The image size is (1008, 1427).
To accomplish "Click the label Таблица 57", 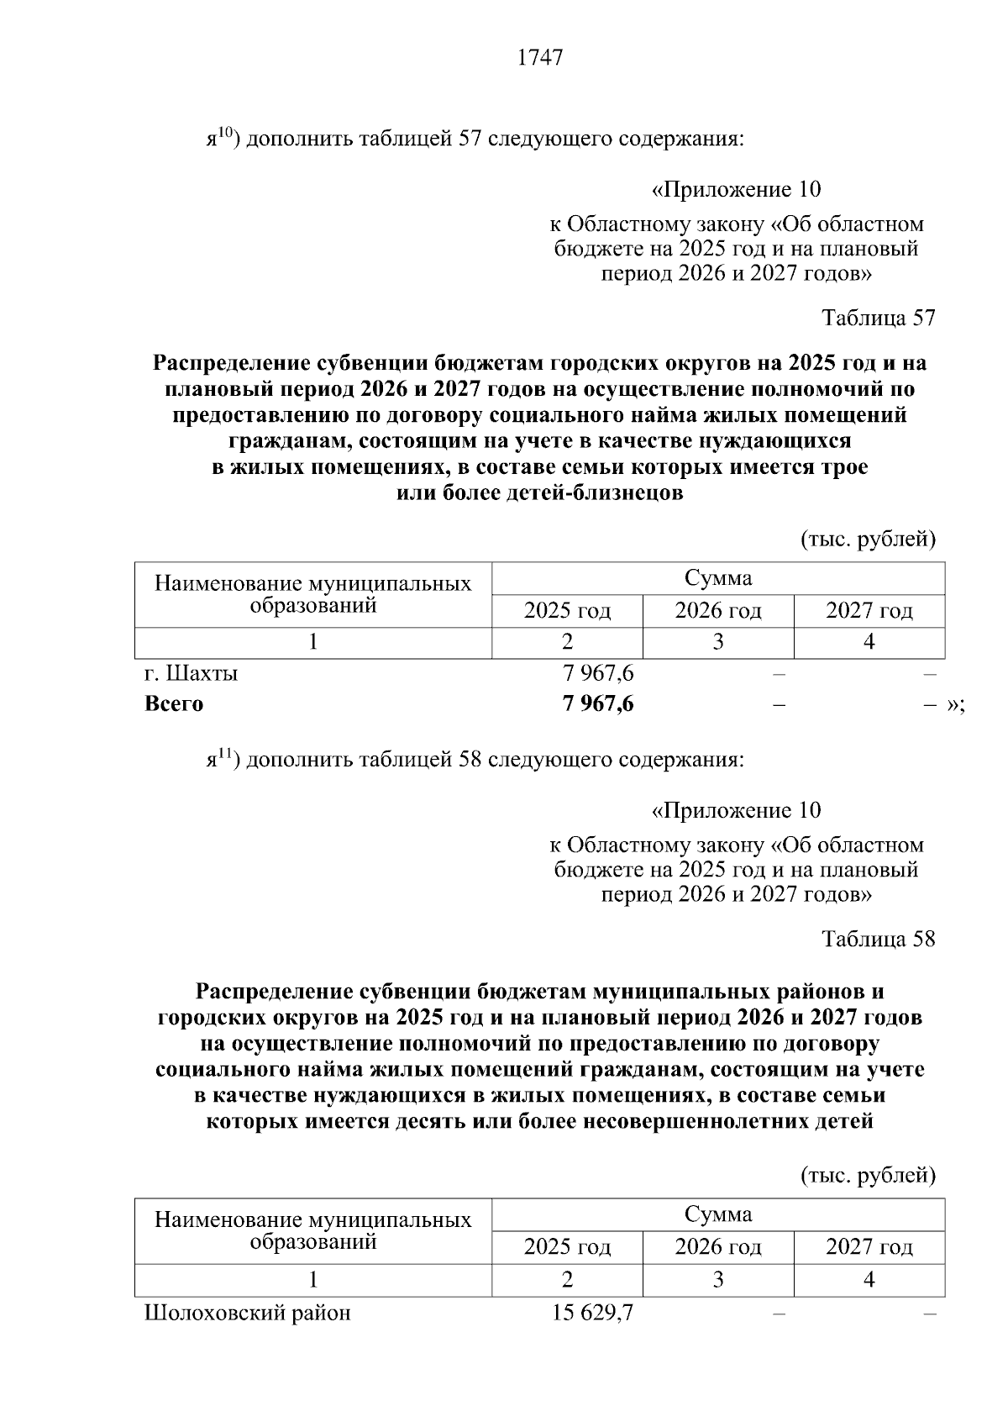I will (878, 318).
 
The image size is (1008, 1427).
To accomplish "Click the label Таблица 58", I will (878, 939).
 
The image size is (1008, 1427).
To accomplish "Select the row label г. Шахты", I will (192, 673).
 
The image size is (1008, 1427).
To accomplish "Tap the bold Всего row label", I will (174, 704).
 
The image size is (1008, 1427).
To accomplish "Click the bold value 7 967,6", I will (598, 704).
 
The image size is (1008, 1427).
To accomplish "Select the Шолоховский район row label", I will (248, 1312).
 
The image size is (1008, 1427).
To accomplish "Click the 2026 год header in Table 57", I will (718, 611).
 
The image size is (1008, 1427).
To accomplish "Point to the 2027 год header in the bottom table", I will (869, 1247).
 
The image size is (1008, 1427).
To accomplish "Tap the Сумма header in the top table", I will (718, 578).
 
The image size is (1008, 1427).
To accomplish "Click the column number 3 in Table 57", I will (718, 643).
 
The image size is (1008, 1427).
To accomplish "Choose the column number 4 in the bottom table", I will (869, 1280).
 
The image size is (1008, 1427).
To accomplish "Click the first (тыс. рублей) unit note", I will (868, 539).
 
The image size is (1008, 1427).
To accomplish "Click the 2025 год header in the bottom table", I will (567, 1247).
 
